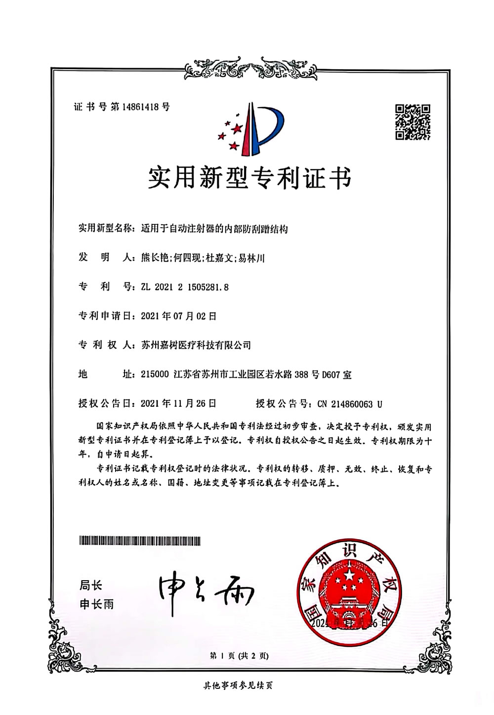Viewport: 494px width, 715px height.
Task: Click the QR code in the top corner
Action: pyautogui.click(x=413, y=122)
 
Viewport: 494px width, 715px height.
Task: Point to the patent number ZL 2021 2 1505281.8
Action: pyautogui.click(x=185, y=286)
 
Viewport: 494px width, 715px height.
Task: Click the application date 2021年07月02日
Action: pyautogui.click(x=178, y=316)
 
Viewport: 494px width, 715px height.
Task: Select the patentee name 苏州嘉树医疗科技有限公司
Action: pyautogui.click(x=196, y=345)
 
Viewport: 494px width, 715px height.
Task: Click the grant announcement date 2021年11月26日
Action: pyautogui.click(x=178, y=403)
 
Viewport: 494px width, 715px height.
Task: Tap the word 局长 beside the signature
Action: pyautogui.click(x=91, y=586)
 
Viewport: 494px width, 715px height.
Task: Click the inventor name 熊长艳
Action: pyautogui.click(x=155, y=258)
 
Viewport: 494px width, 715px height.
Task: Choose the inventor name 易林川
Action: pyautogui.click(x=251, y=258)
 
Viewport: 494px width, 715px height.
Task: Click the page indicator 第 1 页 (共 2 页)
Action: pyautogui.click(x=240, y=656)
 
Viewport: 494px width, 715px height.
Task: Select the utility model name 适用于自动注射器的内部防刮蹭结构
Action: pyautogui.click(x=214, y=229)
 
